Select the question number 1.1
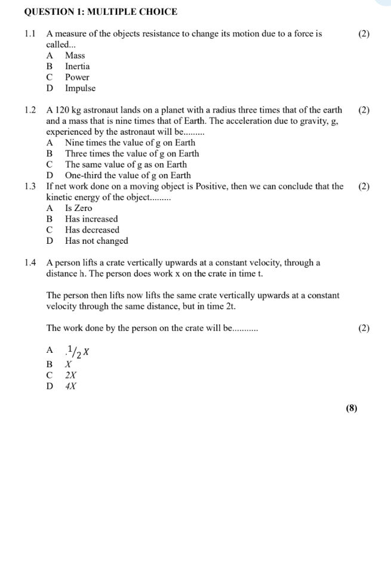[x=31, y=34]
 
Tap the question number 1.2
[x=31, y=110]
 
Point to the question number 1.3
[x=31, y=187]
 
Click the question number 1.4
[x=31, y=263]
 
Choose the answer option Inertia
[x=78, y=67]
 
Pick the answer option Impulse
[x=80, y=88]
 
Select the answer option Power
[x=77, y=77]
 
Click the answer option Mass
[x=75, y=55]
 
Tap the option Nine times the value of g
[x=130, y=143]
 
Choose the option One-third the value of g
[x=128, y=175]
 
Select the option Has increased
[x=91, y=219]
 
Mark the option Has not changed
[x=96, y=241]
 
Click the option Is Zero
[x=79, y=208]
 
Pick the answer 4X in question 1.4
[x=71, y=386]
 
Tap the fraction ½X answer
[x=78, y=351]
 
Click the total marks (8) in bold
[x=351, y=408]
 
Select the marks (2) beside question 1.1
[x=364, y=34]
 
